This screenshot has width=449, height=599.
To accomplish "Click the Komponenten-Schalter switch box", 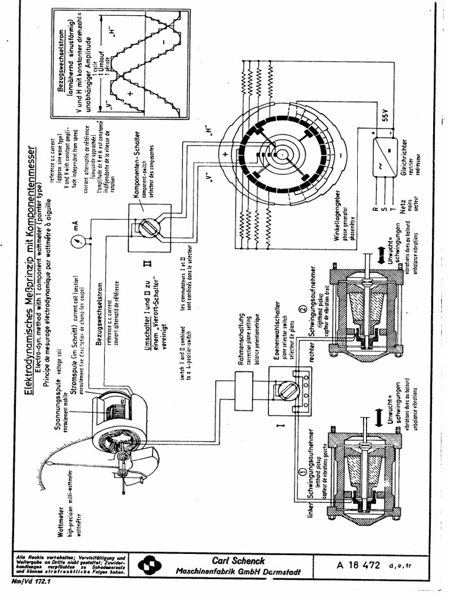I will (149, 227).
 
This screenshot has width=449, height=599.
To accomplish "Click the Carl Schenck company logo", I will (147, 566).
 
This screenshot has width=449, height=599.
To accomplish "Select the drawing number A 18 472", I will (359, 565).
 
